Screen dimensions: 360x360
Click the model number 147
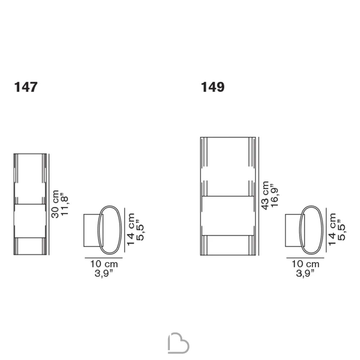tap(26, 87)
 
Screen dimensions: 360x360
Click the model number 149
tap(213, 87)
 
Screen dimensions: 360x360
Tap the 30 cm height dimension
tap(55, 204)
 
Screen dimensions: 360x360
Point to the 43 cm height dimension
tap(265, 195)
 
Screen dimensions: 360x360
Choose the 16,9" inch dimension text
tap(274, 195)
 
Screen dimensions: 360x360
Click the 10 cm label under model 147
tap(104, 264)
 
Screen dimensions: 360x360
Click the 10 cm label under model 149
tap(306, 264)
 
